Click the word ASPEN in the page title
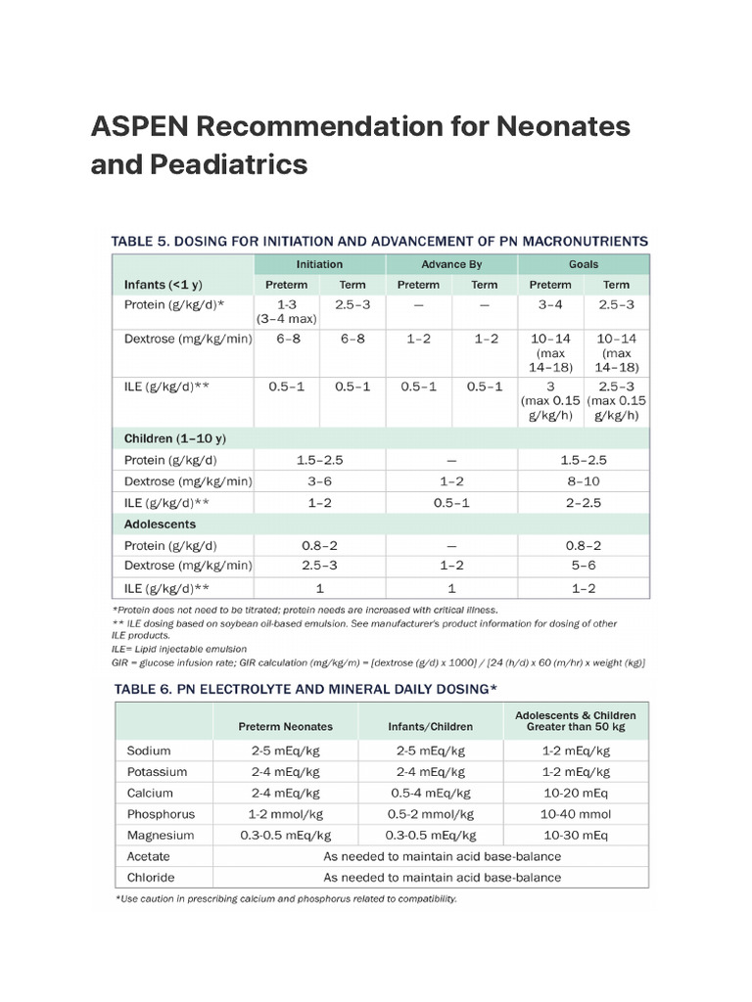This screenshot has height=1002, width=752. (x=138, y=127)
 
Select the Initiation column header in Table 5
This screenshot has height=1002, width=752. (x=319, y=264)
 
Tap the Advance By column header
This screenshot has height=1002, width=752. (x=451, y=264)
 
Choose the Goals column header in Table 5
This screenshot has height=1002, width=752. (x=583, y=264)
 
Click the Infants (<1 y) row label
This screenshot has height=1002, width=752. (x=164, y=285)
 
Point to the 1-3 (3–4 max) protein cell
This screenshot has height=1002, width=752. (x=287, y=312)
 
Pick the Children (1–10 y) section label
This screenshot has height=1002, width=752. (x=175, y=438)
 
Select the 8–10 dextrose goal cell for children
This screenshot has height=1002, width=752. (x=583, y=481)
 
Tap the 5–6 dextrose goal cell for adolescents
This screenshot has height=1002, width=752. (x=583, y=566)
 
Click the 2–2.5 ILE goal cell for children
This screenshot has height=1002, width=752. (x=583, y=502)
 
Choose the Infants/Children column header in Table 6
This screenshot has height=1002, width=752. (x=431, y=726)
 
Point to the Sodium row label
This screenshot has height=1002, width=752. (x=149, y=751)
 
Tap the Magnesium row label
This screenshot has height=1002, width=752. (x=161, y=836)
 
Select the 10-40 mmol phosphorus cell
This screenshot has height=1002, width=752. (x=576, y=814)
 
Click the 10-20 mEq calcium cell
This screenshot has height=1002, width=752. (x=576, y=793)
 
